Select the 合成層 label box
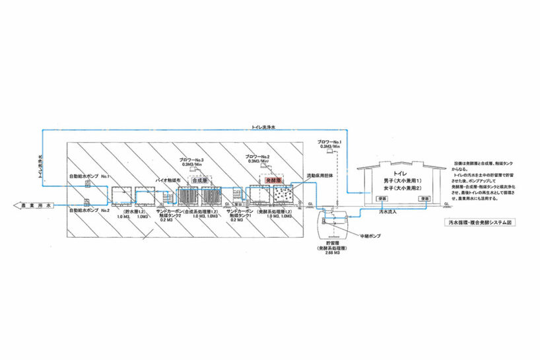[199, 179]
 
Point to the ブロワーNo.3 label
[192, 161]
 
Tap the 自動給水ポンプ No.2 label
[90, 210]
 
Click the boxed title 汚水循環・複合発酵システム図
[479, 223]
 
